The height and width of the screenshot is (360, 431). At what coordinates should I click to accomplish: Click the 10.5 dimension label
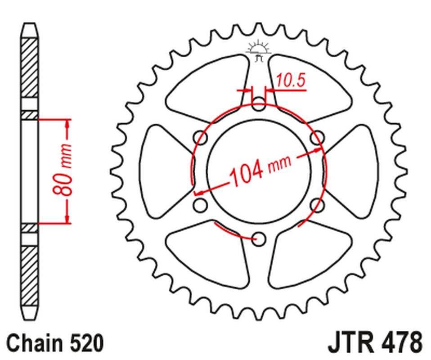290,81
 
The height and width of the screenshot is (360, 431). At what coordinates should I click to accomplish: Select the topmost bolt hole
258,104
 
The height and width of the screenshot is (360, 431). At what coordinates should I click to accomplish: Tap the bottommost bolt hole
258,239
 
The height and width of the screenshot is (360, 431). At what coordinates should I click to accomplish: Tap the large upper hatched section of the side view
30,67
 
